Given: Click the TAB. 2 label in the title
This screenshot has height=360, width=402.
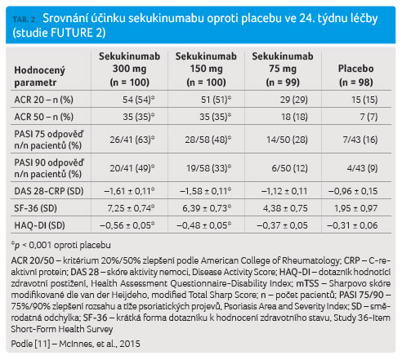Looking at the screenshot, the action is pos(24,20).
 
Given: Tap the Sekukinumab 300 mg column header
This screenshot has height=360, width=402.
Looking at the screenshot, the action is pos(129,69).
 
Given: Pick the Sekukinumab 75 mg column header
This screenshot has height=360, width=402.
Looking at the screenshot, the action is pos(283,69).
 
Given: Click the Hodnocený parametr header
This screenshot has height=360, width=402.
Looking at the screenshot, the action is pos(39,76).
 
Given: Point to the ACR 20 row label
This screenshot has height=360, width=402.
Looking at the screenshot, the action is pos(43,100).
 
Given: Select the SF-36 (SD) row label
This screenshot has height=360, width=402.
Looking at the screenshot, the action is pos(36,208).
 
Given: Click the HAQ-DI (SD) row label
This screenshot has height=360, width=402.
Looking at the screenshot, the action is pos(39,225).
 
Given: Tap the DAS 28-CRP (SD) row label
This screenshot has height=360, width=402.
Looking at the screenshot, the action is pos(49,191).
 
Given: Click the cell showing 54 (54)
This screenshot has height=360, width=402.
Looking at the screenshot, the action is pos(138,100).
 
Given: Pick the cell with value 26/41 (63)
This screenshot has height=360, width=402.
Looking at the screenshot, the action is pos(132,140).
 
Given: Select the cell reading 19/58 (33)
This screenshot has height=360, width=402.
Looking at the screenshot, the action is pos(208,168).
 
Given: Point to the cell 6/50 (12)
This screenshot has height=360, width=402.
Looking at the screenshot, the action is pos(289,168).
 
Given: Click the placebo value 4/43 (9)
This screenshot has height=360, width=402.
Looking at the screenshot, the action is pos(362,168).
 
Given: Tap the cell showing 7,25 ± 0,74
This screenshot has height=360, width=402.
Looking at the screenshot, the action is pos(131,208).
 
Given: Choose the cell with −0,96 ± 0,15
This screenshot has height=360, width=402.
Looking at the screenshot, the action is pos(353,191).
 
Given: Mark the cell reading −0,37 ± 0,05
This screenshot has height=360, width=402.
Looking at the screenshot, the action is pos(282,225).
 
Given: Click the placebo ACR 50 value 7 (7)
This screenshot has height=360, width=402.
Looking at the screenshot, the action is pos(368,117).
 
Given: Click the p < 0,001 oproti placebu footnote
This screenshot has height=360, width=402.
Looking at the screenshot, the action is pos(61,245).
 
